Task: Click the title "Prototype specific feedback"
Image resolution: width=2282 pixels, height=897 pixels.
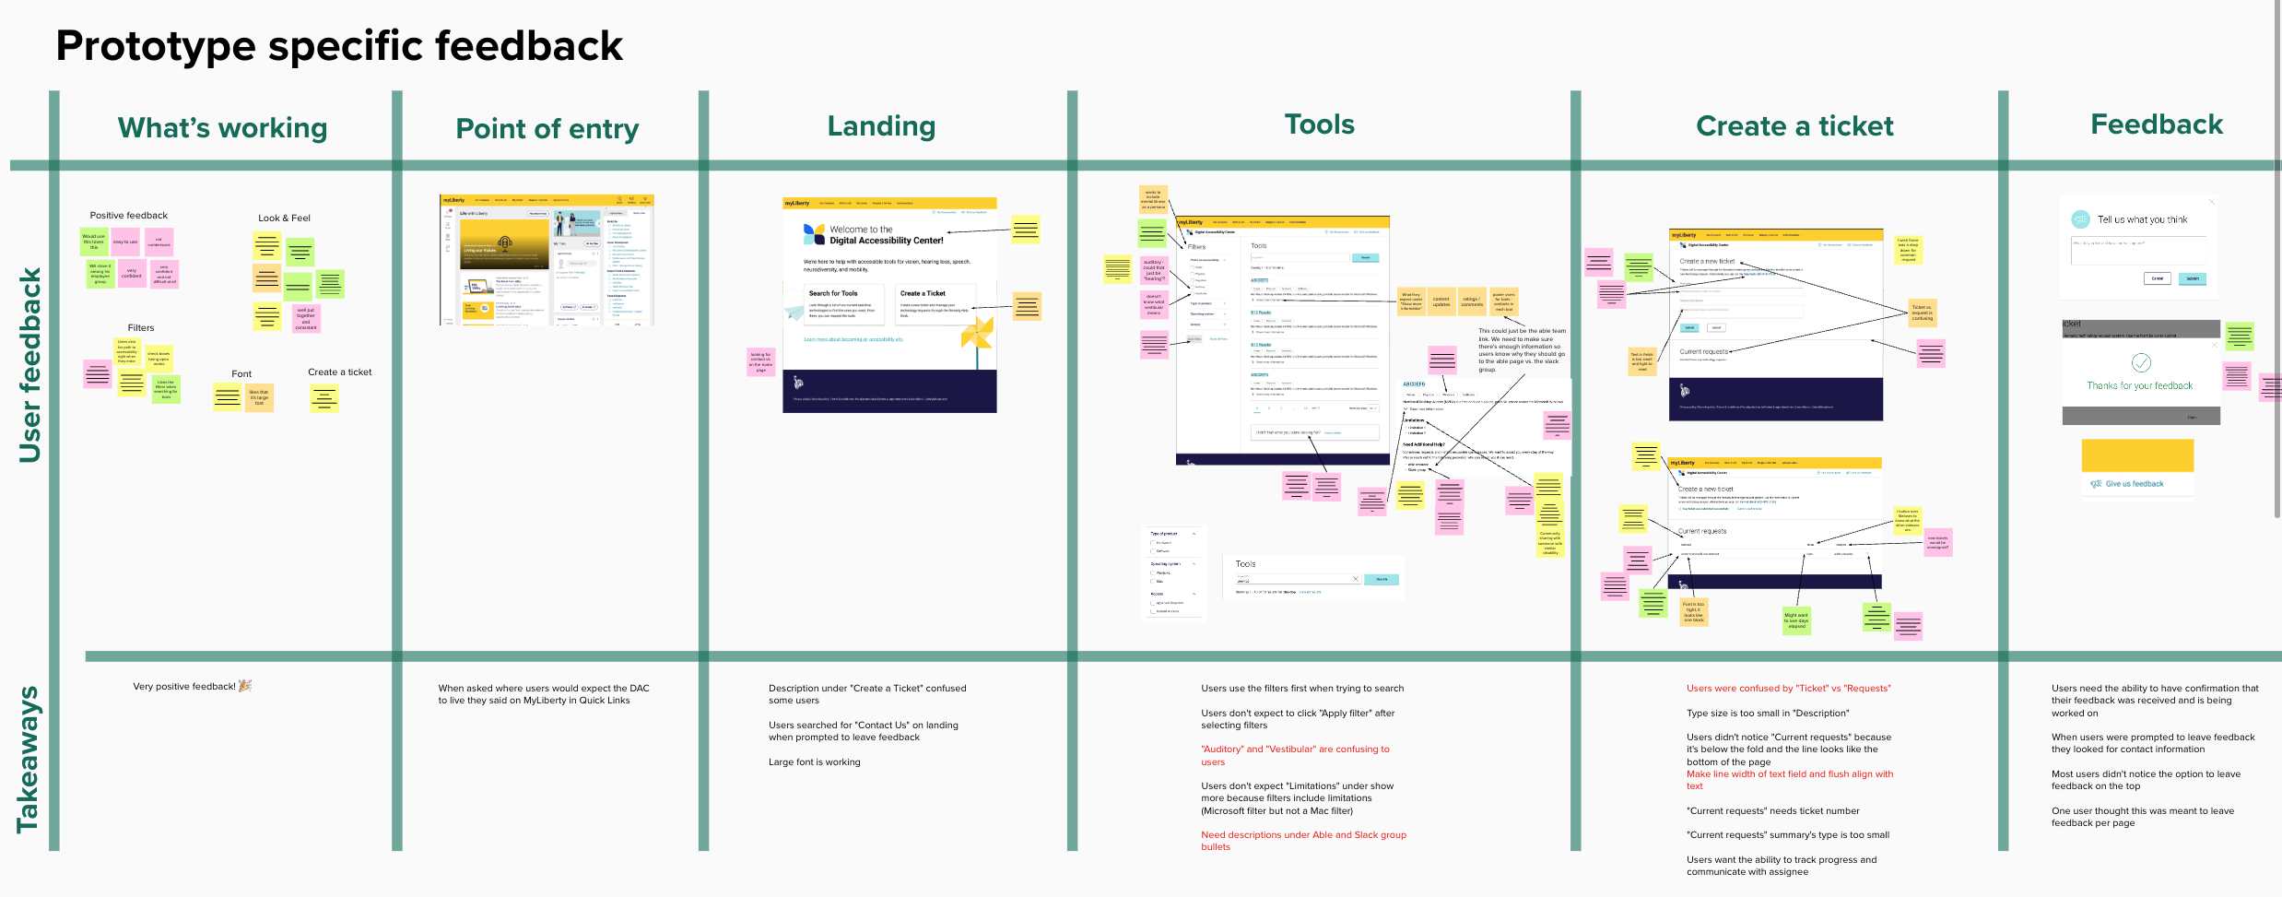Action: pyautogui.click(x=339, y=46)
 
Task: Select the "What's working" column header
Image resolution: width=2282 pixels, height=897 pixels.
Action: pyautogui.click(x=222, y=128)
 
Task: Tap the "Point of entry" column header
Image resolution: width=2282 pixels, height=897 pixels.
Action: pyautogui.click(x=547, y=129)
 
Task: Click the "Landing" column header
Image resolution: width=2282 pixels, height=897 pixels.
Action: pyautogui.click(x=881, y=126)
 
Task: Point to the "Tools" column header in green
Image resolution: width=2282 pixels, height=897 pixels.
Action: pyautogui.click(x=1320, y=124)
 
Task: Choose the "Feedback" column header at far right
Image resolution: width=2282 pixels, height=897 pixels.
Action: pyautogui.click(x=2156, y=124)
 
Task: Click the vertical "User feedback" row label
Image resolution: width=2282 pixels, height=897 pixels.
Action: pyautogui.click(x=29, y=365)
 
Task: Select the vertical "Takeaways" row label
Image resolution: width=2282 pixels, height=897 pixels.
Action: pyautogui.click(x=28, y=759)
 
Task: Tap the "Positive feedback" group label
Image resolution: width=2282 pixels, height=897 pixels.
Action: pyautogui.click(x=129, y=216)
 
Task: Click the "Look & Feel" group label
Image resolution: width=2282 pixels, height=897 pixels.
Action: pyautogui.click(x=284, y=218)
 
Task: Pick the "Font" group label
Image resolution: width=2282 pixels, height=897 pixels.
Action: pyautogui.click(x=241, y=374)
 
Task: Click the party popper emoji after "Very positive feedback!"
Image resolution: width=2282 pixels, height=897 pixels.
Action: pyautogui.click(x=245, y=686)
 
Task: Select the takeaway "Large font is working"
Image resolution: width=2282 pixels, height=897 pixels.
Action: pyautogui.click(x=814, y=762)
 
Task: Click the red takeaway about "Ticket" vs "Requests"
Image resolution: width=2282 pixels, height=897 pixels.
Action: pyautogui.click(x=1788, y=689)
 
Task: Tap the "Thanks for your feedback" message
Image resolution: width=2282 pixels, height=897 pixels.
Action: pyautogui.click(x=2139, y=386)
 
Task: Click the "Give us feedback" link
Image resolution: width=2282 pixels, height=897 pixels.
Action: pyautogui.click(x=2134, y=484)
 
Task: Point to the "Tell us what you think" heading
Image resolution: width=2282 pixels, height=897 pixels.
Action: pyautogui.click(x=2142, y=220)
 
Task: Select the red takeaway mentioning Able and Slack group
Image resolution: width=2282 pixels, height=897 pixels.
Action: pyautogui.click(x=1303, y=841)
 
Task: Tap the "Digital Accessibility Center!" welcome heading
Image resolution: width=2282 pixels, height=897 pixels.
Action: pyautogui.click(x=886, y=241)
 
